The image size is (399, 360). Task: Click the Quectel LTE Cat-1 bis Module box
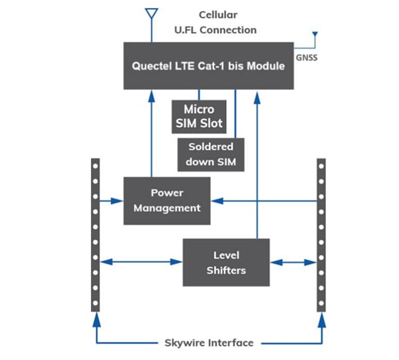(208, 65)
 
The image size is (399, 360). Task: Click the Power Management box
(166, 200)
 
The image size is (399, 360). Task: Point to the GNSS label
(307, 58)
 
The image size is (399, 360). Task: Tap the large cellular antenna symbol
(151, 14)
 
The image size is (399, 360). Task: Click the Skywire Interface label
(209, 343)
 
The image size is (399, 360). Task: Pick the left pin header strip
(96, 234)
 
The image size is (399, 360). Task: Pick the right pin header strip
(321, 234)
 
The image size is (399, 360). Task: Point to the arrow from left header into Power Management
(110, 198)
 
